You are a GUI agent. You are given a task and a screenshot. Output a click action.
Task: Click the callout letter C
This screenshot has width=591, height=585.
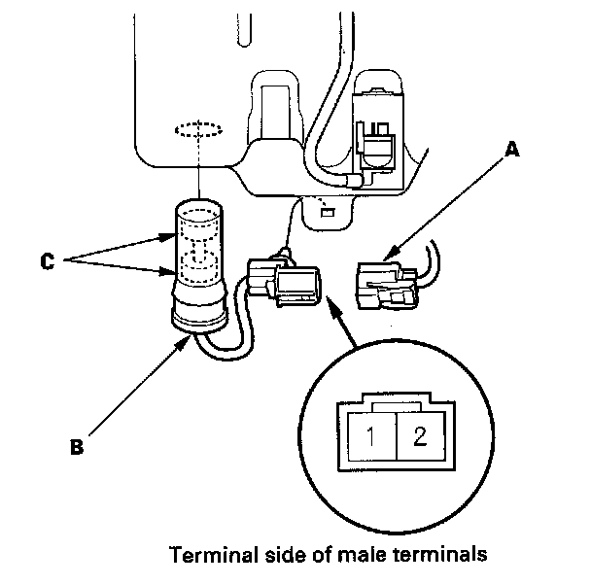(x=46, y=259)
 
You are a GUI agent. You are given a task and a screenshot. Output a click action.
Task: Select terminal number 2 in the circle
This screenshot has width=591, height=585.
(x=420, y=436)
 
